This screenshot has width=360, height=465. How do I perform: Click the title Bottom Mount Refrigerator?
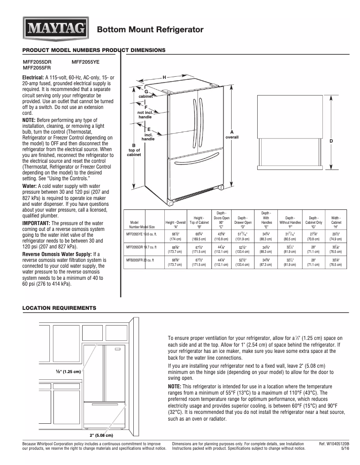pos(150,30)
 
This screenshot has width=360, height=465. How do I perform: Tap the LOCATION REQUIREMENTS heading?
pos(59,309)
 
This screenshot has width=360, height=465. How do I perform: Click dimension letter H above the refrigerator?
pos(164,78)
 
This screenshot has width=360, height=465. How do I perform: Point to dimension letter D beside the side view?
pos(331,141)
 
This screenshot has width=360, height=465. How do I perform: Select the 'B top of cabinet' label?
pos(134,150)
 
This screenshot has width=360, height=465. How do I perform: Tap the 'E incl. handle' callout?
pos(148,134)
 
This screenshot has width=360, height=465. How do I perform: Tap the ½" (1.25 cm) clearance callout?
pos(68,372)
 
